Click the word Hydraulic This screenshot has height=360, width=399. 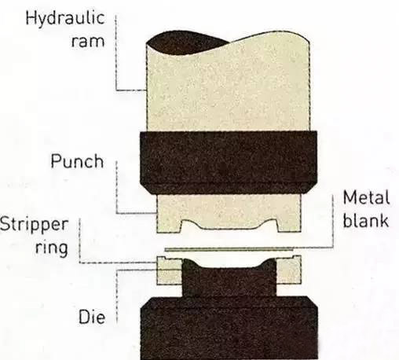(x=65, y=19)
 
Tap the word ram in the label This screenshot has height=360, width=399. (x=88, y=42)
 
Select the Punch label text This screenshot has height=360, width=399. (x=77, y=161)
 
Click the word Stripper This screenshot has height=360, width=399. (x=34, y=225)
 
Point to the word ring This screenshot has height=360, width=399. (x=52, y=248)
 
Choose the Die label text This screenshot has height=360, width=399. (x=92, y=317)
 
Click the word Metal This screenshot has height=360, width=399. (x=366, y=197)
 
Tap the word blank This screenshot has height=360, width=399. (x=365, y=220)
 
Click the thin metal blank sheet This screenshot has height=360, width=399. (x=229, y=249)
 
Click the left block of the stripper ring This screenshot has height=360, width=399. (x=170, y=270)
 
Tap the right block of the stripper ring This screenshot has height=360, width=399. (x=288, y=270)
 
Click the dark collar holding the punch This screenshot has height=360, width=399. (x=229, y=163)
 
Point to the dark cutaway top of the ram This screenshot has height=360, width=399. (x=183, y=43)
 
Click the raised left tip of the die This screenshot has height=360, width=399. (x=189, y=262)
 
